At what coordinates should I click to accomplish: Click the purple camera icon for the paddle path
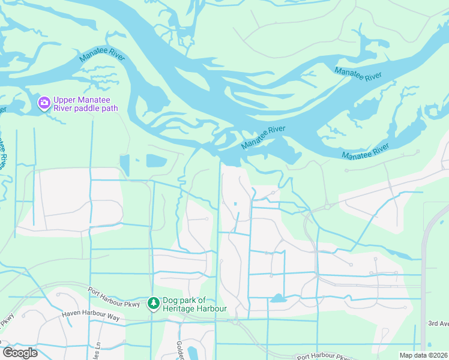[x=44, y=103]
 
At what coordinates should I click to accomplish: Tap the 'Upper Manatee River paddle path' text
[x=85, y=104]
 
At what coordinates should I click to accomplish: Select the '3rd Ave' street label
[x=438, y=323]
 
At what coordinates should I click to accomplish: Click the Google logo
[x=19, y=353]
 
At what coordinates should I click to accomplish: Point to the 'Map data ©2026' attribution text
[x=423, y=355]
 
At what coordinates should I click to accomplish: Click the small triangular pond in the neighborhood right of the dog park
[x=277, y=298]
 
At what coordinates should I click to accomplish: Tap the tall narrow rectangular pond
[x=124, y=164]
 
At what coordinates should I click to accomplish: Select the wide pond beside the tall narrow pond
[x=155, y=161]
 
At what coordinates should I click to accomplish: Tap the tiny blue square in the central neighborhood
[x=235, y=203]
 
